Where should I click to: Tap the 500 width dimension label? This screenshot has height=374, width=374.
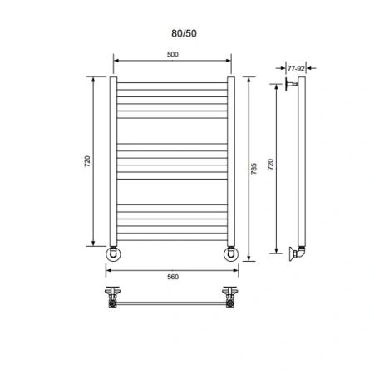point(172,55)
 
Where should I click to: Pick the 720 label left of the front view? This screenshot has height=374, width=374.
point(86,161)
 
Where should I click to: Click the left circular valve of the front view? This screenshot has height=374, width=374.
point(115,253)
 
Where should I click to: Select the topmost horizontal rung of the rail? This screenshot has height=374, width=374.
point(172,83)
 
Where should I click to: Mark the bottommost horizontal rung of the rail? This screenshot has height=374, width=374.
point(172,236)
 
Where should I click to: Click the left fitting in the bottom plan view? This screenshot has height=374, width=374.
point(111,298)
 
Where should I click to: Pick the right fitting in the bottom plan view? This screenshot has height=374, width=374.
point(230,298)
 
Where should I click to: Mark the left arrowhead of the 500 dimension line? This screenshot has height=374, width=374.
point(116,62)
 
